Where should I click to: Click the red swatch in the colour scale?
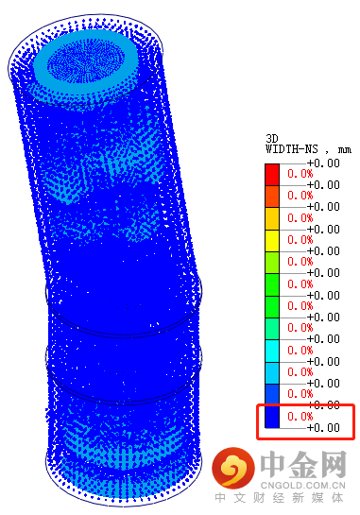point(272,175)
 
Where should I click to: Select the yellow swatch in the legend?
point(272,241)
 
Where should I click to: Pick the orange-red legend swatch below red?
point(272,197)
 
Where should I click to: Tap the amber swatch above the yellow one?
point(272,218)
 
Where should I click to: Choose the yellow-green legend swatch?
point(272,263)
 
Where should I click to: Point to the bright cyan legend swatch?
point(272,352)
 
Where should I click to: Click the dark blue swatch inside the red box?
point(272,417)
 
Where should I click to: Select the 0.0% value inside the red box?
point(300,417)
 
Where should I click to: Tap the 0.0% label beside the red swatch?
point(300,174)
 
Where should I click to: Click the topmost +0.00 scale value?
point(323,163)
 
